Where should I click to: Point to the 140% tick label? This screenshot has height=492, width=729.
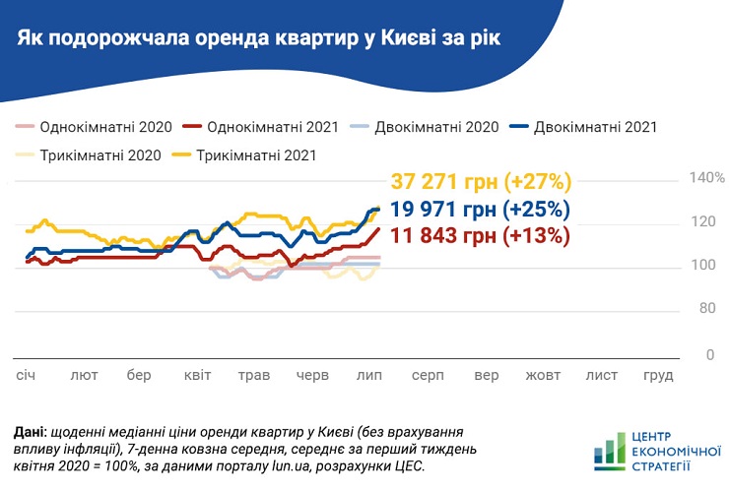705,178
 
